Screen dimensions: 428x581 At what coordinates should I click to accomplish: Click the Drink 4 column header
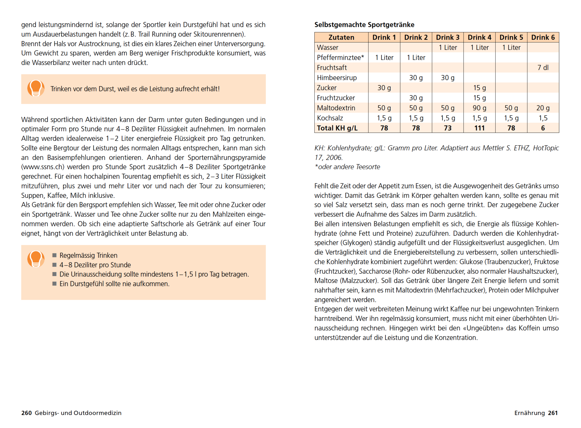tap(479, 37)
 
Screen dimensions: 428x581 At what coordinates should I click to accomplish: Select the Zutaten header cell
tap(341, 37)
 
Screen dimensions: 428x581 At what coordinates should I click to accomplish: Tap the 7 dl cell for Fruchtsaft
tap(543, 68)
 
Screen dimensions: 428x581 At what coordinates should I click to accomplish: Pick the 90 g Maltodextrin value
tap(479, 108)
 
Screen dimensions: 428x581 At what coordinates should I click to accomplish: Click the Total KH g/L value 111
tap(479, 128)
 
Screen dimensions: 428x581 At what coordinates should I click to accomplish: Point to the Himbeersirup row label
tap(337, 78)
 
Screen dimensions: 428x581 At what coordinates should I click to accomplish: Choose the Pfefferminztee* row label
tap(340, 58)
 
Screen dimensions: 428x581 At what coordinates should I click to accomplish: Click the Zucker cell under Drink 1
tap(384, 88)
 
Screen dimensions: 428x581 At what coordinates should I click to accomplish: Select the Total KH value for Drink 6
tap(543, 128)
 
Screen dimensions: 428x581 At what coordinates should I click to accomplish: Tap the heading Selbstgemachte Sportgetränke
tap(364, 25)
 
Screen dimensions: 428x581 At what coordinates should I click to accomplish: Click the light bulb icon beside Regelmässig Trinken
tap(36, 259)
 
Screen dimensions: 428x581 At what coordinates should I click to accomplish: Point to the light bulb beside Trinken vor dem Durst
tap(36, 88)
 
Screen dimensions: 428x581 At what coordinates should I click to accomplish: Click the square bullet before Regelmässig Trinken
tap(54, 255)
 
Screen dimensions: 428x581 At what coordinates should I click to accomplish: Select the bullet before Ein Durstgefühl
tap(54, 283)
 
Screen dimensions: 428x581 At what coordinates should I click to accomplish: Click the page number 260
tap(26, 413)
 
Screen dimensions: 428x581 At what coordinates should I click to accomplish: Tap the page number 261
tap(553, 413)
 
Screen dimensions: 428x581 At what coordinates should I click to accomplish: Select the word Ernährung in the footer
tap(529, 413)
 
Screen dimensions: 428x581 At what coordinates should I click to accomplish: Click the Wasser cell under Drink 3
tap(448, 48)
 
